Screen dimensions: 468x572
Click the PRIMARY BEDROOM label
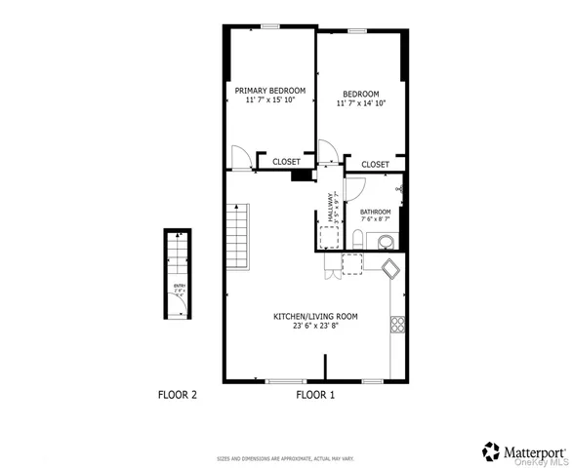[270, 91]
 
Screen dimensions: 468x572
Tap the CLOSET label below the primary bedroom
[286, 162]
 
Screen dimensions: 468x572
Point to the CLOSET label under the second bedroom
[376, 165]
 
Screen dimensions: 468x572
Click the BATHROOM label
[376, 212]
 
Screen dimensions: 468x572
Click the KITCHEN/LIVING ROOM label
[314, 316]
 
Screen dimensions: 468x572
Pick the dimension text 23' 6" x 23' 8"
[314, 327]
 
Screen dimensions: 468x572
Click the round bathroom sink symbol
[386, 241]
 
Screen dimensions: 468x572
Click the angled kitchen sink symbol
[391, 269]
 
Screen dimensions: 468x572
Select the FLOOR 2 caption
[178, 395]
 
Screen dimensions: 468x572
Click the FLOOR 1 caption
[315, 395]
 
